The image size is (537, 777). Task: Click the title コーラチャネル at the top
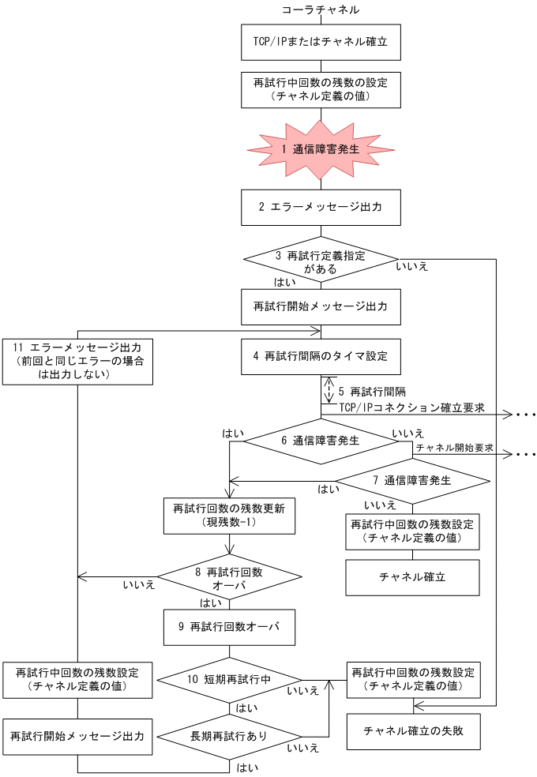[x=321, y=9]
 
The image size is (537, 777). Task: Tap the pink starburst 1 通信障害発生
[x=321, y=148]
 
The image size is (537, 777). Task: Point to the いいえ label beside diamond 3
[x=412, y=267]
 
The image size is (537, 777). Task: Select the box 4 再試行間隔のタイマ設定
[x=321, y=356]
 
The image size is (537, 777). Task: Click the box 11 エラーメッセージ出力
[x=77, y=361]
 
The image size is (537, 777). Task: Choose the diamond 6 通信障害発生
[x=321, y=441]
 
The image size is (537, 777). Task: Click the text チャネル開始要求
[x=454, y=448]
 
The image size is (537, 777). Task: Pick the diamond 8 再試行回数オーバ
[x=230, y=577]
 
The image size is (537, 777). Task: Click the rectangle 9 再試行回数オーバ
[x=230, y=628]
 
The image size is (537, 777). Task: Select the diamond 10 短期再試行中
[x=230, y=678]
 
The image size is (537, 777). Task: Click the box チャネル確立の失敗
[x=413, y=730]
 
